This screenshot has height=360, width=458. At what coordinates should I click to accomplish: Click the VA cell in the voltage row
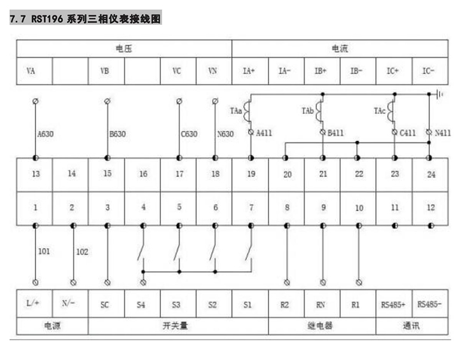[x=34, y=71]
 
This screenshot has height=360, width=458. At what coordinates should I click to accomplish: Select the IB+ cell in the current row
[x=322, y=71]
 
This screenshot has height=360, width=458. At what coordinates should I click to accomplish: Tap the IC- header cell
[x=430, y=71]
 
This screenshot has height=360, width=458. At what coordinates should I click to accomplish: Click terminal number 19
[x=251, y=174]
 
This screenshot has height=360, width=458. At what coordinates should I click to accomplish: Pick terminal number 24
[x=431, y=174]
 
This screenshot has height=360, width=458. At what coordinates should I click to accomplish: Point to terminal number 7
[x=251, y=207]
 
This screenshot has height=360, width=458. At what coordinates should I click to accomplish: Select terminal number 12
[x=431, y=207]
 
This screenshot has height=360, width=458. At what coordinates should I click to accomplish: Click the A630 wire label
[x=46, y=134]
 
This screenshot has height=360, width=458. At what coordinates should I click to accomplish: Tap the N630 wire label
[x=225, y=134]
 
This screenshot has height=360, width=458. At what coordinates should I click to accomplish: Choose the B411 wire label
[x=335, y=133]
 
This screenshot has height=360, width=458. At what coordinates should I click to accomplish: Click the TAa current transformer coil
[x=247, y=111]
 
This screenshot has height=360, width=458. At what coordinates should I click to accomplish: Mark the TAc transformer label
[x=379, y=111]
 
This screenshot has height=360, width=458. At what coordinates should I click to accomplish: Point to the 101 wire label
[x=44, y=251]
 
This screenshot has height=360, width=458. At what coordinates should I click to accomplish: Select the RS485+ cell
[x=394, y=303]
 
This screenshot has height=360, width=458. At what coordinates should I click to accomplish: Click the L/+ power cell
[x=34, y=303]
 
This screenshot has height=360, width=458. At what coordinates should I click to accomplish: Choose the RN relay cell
[x=322, y=303]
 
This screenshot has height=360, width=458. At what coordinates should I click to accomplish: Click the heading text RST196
[x=47, y=18]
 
